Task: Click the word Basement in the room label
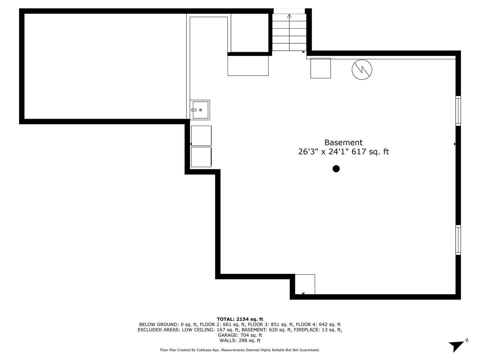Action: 343,143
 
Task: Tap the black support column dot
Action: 336,169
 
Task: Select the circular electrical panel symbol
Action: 362,70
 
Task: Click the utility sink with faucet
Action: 200,110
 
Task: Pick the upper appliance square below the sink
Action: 201,136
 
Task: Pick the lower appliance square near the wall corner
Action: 201,157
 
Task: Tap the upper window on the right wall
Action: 458,111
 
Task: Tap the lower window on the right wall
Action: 458,240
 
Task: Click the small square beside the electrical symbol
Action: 321,68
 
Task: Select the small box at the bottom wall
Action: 305,284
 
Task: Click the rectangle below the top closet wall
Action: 248,66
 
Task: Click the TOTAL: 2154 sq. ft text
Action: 240,319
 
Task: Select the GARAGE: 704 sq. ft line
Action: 240,335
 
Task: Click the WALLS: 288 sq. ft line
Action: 240,340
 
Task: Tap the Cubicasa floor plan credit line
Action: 240,350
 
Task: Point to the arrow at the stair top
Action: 289,16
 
